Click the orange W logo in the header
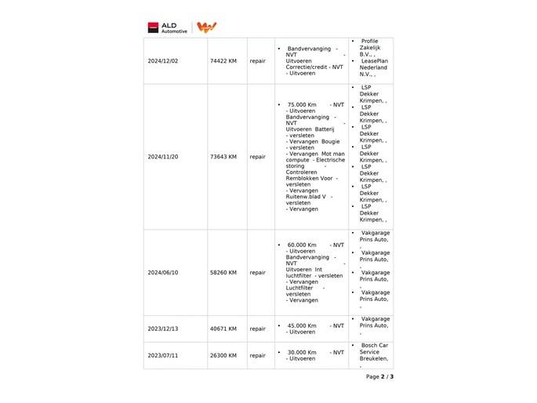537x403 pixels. (x=206, y=27)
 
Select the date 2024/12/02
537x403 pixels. (x=163, y=60)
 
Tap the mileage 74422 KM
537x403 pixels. (x=223, y=60)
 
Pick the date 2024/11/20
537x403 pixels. (x=163, y=157)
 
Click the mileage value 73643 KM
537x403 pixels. (x=223, y=157)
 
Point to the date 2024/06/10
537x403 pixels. (x=163, y=273)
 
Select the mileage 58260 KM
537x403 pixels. (x=223, y=273)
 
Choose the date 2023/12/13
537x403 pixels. (x=163, y=329)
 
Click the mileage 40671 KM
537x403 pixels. (x=223, y=329)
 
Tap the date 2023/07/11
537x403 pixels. (x=163, y=355)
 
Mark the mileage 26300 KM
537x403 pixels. (x=223, y=355)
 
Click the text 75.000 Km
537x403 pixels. (x=302, y=104)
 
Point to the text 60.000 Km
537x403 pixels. (x=302, y=244)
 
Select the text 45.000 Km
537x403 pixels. (x=302, y=325)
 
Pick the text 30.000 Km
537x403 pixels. (x=302, y=352)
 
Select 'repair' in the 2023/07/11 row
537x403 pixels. (x=257, y=355)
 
